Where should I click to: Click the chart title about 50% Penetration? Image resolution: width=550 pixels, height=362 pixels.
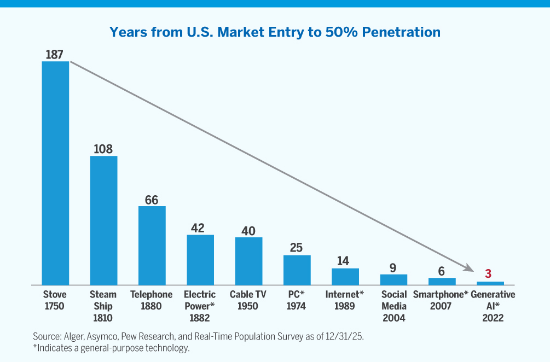275,32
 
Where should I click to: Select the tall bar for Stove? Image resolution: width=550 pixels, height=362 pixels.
55,173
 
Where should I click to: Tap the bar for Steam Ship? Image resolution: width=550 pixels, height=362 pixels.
103,220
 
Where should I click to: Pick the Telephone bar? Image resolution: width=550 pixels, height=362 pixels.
152,246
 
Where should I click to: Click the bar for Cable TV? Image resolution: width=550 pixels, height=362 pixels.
248,261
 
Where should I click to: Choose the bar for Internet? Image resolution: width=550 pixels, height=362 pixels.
345,277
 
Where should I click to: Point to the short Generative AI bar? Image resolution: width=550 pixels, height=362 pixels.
490,283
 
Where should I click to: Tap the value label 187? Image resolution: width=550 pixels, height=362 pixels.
55,54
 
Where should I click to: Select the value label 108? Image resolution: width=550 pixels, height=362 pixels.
103,149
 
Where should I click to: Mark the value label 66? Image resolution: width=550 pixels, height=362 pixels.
152,200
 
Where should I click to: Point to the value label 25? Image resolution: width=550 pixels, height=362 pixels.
296,248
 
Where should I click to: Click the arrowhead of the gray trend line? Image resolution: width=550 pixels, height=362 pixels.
468,268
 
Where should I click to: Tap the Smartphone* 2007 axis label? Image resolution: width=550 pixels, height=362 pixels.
441,300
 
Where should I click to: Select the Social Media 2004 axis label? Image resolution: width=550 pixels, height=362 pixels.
393,306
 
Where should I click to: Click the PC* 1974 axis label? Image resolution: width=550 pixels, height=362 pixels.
296,300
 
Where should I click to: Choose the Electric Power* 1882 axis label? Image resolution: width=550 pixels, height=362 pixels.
200,306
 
